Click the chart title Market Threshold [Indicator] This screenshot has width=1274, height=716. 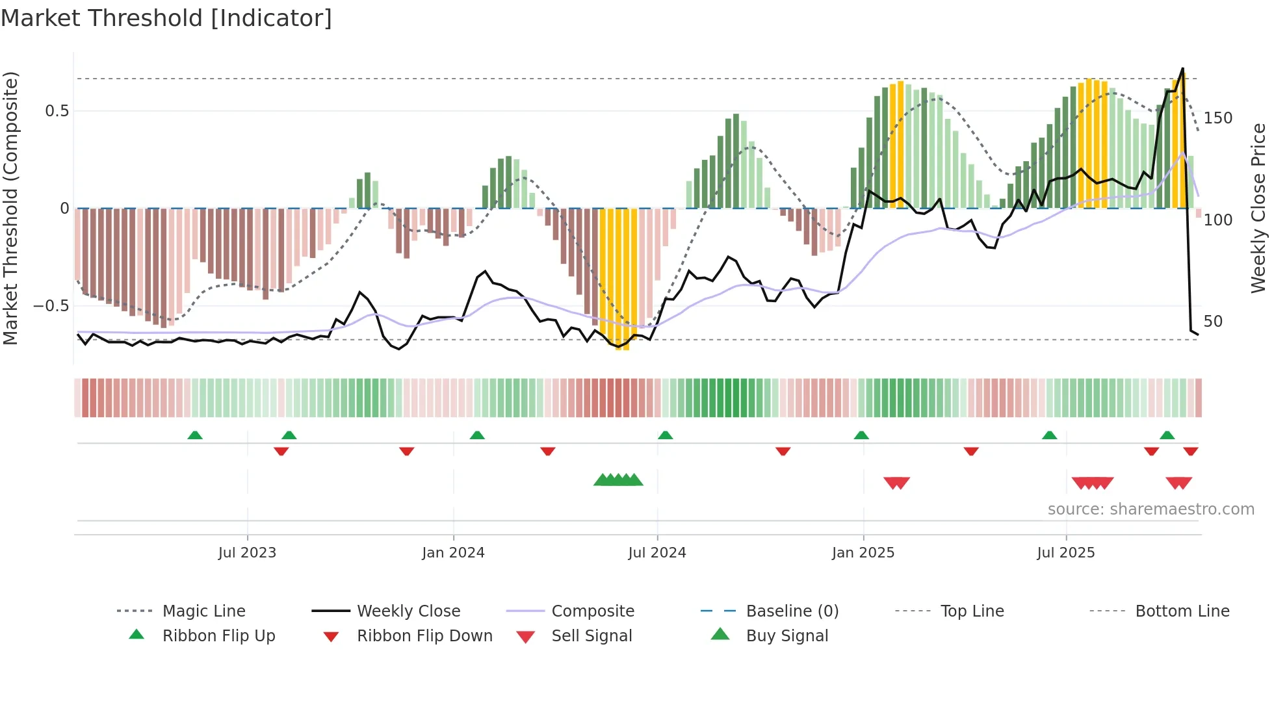point(166,18)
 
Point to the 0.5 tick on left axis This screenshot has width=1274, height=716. point(57,111)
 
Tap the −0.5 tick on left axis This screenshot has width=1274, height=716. point(51,306)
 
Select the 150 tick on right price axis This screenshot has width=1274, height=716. point(1217,118)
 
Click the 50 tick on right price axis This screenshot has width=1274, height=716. point(1213,322)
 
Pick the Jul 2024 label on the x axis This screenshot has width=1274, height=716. point(656,553)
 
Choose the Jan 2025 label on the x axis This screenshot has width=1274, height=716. point(863,553)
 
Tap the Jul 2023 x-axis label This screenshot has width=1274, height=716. point(247,553)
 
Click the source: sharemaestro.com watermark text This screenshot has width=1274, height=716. point(1150,509)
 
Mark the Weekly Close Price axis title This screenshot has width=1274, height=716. point(1258,208)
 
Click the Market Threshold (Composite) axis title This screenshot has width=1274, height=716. point(10,208)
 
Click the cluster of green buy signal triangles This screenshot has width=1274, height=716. point(618,480)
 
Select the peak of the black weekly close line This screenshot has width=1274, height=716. point(1182,68)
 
